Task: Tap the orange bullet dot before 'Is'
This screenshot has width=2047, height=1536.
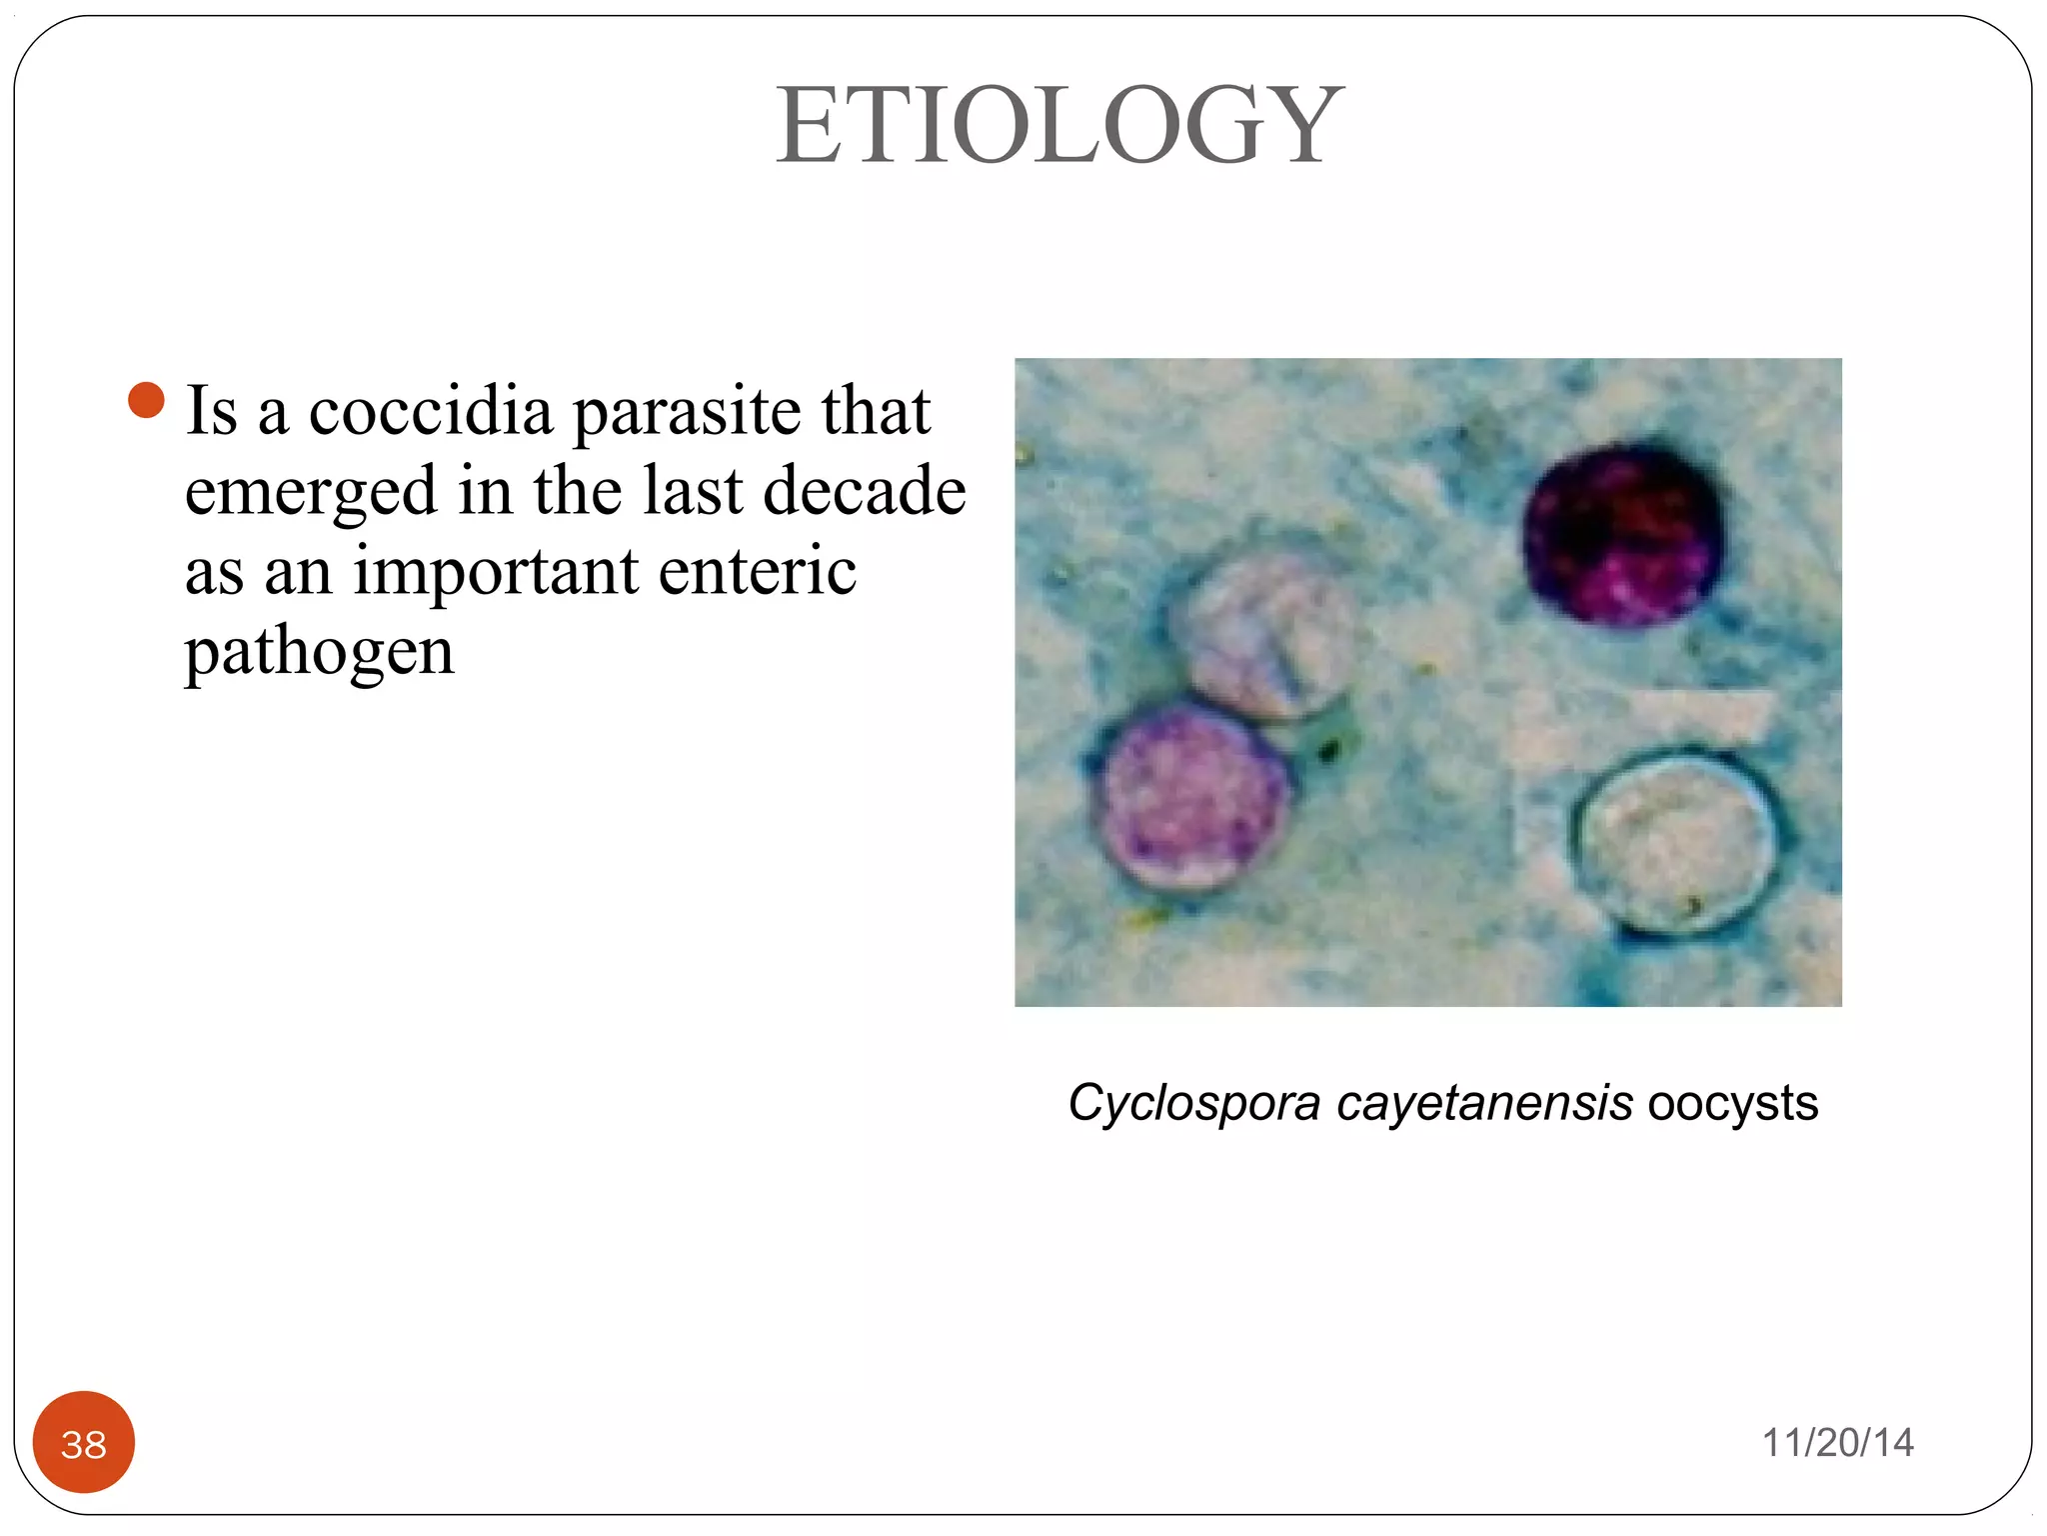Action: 146,400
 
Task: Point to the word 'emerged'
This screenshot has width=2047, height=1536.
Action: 311,493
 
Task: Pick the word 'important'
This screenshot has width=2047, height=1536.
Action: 495,573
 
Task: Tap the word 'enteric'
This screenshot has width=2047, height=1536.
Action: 757,571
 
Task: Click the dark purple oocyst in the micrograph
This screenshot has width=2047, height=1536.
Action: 1621,535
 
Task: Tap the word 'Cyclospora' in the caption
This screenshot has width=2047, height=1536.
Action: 1193,1103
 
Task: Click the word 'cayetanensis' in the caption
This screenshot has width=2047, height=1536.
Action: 1484,1103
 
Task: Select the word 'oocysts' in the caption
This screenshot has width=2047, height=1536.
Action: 1732,1103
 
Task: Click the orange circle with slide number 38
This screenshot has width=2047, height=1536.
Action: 84,1442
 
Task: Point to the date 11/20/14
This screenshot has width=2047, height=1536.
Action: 1837,1443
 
